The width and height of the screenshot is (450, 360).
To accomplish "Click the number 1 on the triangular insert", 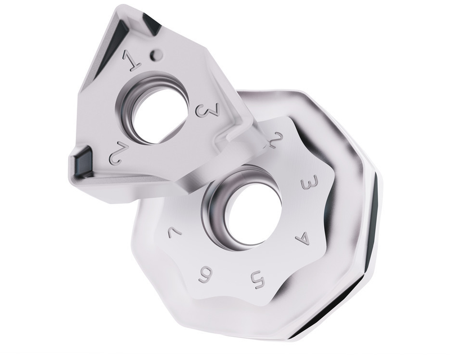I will pos(134,59).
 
